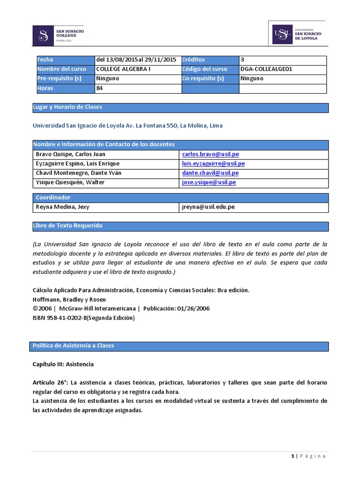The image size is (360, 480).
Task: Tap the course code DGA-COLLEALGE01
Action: pos(266,69)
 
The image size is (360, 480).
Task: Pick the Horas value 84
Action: pos(99,88)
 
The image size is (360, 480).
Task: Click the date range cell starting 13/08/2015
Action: pos(136,60)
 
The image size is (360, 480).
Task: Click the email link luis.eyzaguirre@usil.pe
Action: pos(213,164)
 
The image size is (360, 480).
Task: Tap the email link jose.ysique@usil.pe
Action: pos(209,182)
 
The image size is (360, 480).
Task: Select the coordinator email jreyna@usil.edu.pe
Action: pos(209,207)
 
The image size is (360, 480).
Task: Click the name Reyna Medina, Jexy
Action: pos(63,207)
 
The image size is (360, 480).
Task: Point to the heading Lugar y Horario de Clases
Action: pos(67,107)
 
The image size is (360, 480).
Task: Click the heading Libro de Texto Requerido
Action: pos(67,226)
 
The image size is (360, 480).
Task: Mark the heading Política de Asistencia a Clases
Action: pos(73,346)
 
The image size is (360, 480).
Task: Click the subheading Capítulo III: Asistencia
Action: pos(63,364)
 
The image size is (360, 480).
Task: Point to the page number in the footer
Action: pos(292,456)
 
